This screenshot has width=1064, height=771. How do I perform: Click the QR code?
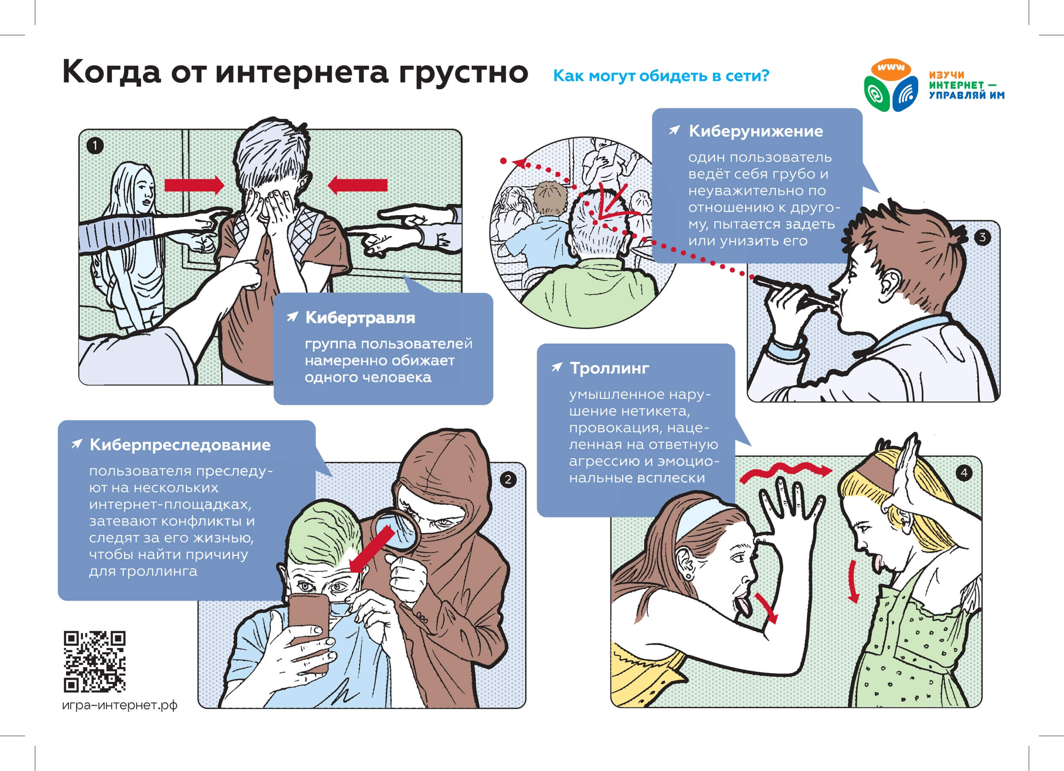click(x=95, y=662)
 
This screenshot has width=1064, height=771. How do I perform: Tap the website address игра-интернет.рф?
click(x=120, y=705)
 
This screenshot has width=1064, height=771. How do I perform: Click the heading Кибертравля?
click(x=360, y=318)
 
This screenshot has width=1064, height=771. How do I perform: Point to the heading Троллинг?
click(x=609, y=368)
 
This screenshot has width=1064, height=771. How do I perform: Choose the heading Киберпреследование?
click(x=180, y=445)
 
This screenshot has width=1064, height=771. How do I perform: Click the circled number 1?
click(x=95, y=146)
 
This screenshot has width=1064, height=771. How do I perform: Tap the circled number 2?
click(x=508, y=480)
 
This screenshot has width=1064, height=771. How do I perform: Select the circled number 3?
click(x=983, y=238)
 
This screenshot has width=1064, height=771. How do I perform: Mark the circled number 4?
click(x=964, y=472)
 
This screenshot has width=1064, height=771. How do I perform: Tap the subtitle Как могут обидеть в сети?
click(x=661, y=76)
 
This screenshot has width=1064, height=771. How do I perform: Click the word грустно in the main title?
click(x=463, y=73)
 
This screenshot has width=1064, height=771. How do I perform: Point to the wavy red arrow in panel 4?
click(x=786, y=471)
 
